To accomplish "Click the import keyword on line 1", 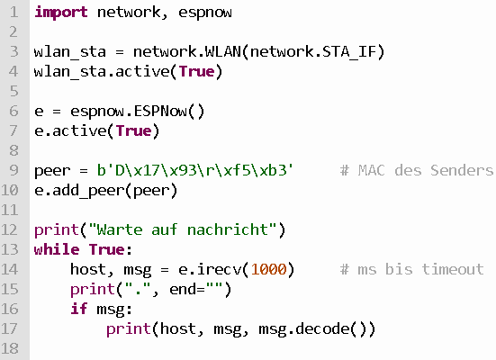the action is click(x=60, y=13).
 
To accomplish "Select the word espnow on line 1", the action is click(x=205, y=13).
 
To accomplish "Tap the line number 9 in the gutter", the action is click(x=14, y=170).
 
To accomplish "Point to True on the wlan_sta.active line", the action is click(x=197, y=71).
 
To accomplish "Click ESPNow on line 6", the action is click(x=160, y=111).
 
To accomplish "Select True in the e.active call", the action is click(x=134, y=131).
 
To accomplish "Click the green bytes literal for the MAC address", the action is click(x=195, y=170).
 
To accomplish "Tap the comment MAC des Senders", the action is click(x=417, y=170).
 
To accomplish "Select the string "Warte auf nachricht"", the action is click(x=183, y=229).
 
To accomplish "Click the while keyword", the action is click(x=57, y=249).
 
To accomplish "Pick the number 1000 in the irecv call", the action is click(x=268, y=269).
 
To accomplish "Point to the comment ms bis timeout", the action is click(x=412, y=269).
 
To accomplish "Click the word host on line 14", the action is click(x=87, y=269).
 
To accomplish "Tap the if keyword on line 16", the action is click(x=78, y=309).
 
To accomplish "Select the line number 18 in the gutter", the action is click(x=10, y=348).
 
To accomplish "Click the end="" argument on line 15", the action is click(x=196, y=289).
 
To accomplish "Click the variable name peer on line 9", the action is click(x=52, y=171).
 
